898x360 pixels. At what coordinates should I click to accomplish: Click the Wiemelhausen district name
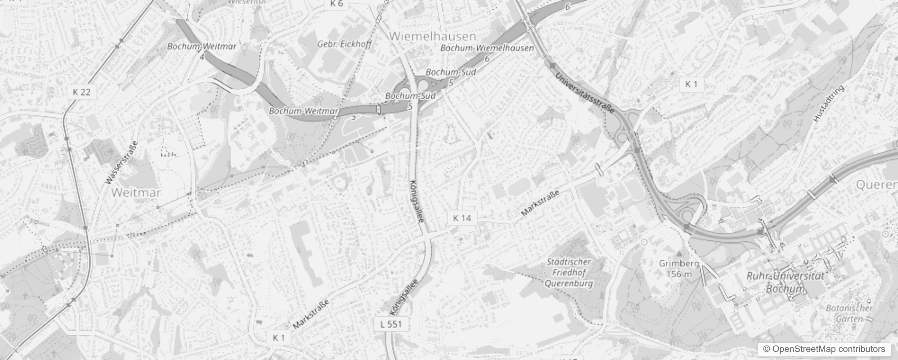(x=432, y=36)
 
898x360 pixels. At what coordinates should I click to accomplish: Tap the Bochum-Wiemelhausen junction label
(x=487, y=48)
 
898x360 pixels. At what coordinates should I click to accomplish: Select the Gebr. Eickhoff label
(x=345, y=44)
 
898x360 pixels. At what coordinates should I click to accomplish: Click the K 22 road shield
(x=81, y=92)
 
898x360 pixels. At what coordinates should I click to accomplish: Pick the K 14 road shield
(x=462, y=218)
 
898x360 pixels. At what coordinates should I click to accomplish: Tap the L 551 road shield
(x=391, y=324)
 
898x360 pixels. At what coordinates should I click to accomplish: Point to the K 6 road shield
(x=336, y=4)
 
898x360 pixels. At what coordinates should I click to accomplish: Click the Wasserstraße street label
(x=121, y=163)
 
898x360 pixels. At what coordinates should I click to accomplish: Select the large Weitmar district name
(x=135, y=193)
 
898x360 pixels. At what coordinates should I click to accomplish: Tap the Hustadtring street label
(x=829, y=103)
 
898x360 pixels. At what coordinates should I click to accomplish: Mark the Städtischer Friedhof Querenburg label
(x=569, y=272)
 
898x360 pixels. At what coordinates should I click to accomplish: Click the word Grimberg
(x=678, y=263)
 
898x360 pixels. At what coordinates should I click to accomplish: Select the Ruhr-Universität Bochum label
(x=785, y=282)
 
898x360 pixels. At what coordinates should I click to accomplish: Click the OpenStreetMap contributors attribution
(x=823, y=349)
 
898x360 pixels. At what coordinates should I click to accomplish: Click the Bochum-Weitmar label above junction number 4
(x=202, y=46)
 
